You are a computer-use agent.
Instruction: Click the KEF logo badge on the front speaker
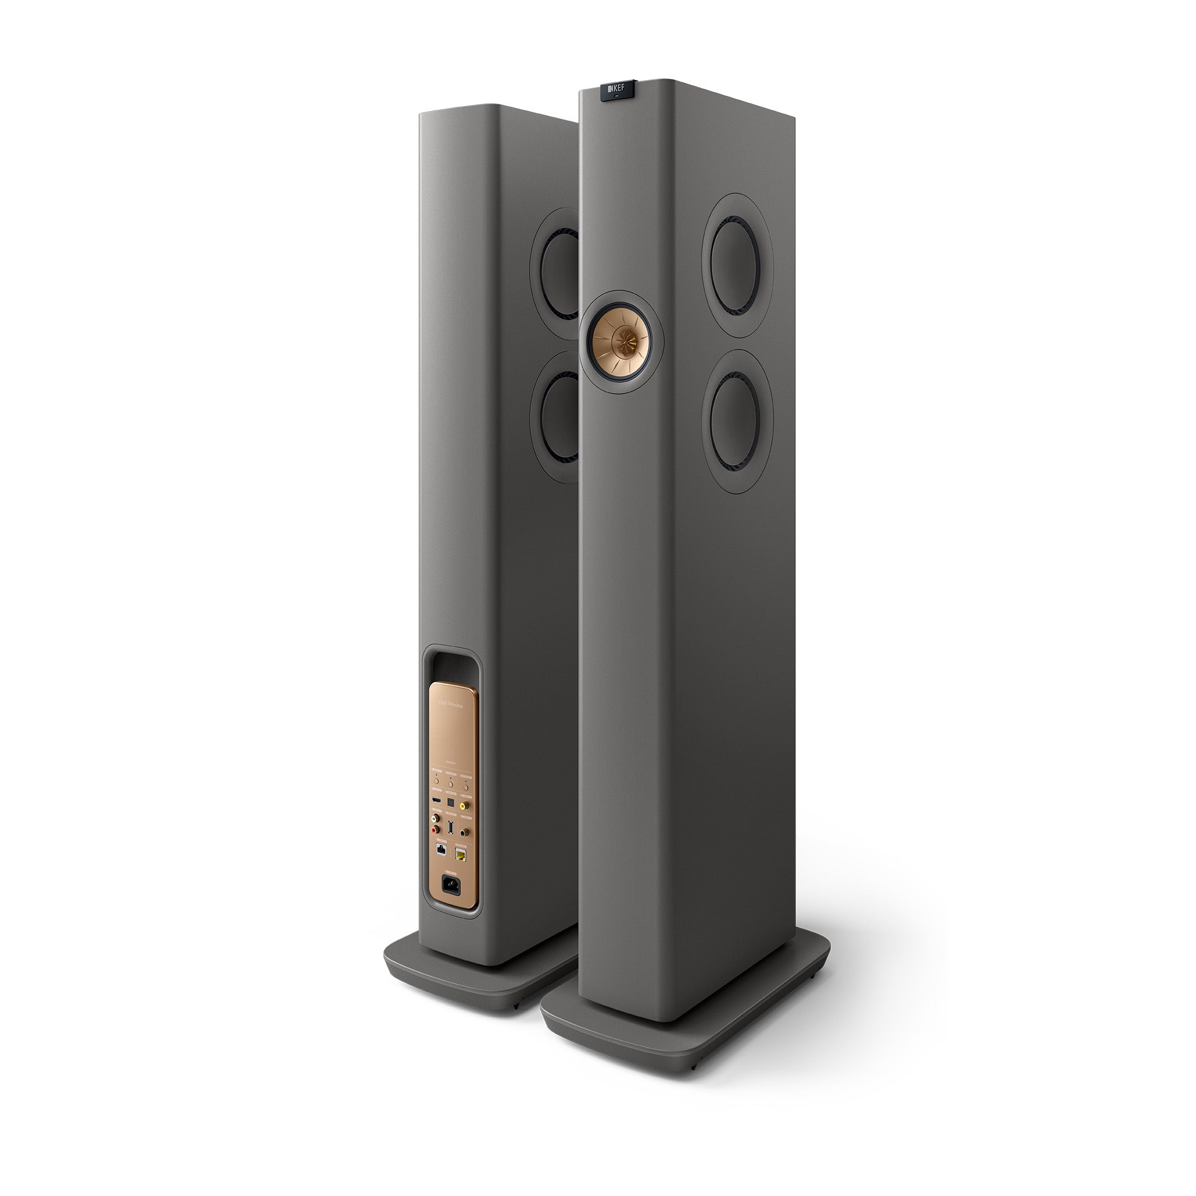[616, 90]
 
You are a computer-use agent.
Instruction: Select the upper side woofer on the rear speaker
[559, 274]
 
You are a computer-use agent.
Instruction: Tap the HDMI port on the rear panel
[437, 801]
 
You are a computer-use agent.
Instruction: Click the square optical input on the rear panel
[451, 803]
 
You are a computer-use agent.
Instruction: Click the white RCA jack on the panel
[434, 819]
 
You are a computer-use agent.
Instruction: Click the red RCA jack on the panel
[434, 830]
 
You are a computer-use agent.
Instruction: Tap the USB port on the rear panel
[451, 828]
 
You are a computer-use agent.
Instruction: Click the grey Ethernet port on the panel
[441, 850]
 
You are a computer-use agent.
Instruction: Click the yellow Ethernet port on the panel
[461, 855]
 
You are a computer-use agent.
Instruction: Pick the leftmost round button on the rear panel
[437, 781]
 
